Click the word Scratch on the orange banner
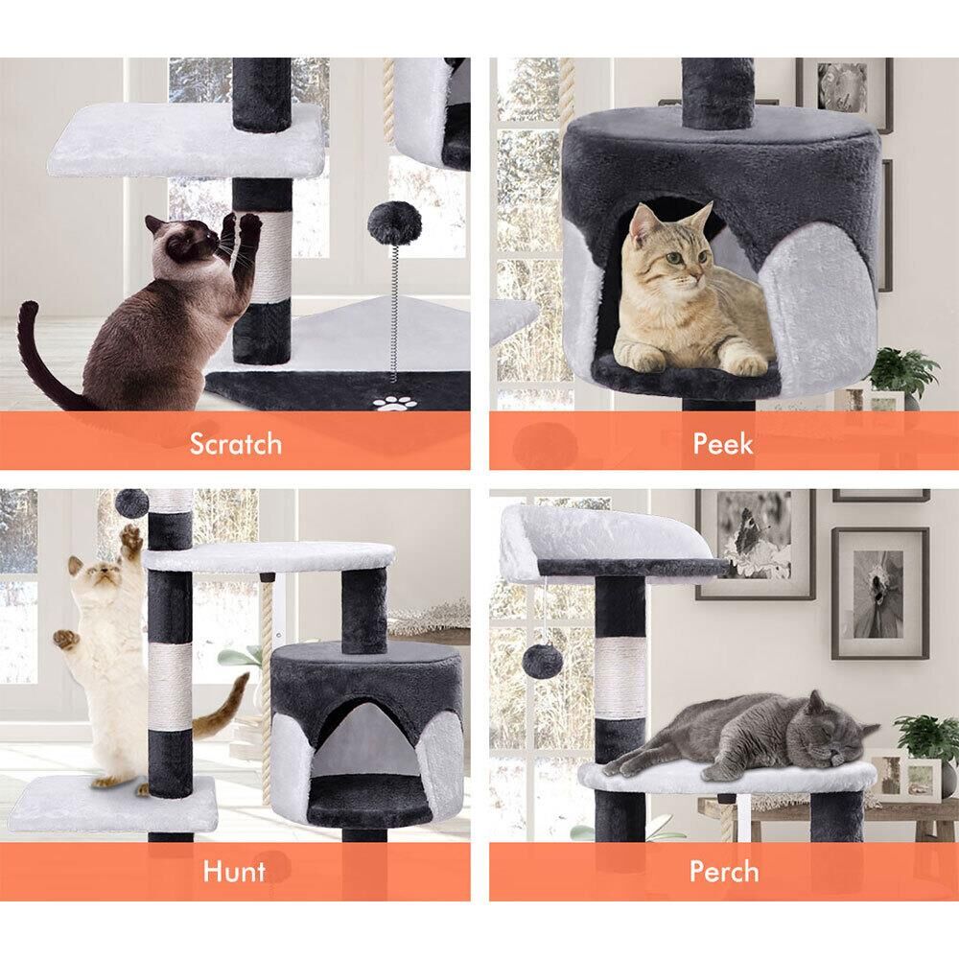coord(236,444)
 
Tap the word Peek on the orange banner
coord(723,443)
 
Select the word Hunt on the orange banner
coord(235,871)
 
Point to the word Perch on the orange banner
coord(724,871)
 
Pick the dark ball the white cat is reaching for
coord(132,503)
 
